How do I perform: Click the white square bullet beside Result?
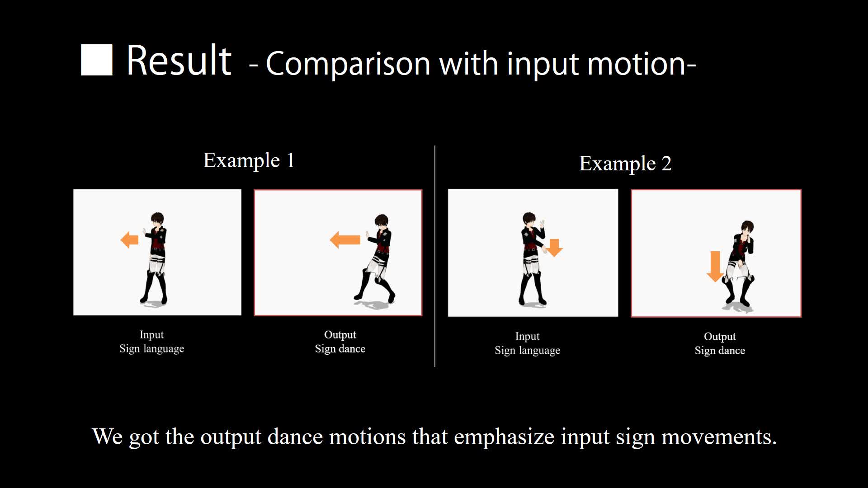point(96,60)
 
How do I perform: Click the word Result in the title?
point(179,61)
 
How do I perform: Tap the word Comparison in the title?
point(348,63)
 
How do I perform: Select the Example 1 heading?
point(249,160)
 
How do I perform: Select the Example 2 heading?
point(625,164)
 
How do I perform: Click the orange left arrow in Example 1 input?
point(130,240)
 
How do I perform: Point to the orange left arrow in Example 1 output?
point(345,240)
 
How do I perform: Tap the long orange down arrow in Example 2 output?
point(715,267)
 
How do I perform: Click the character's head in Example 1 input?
point(157,220)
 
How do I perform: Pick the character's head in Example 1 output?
point(382,222)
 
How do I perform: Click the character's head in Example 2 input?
point(529,220)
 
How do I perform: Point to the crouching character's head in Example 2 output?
point(747,228)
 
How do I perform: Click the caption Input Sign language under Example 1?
point(152,342)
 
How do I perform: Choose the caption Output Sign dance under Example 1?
point(340,342)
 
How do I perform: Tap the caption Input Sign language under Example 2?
point(527,343)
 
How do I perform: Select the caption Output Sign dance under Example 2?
point(720,343)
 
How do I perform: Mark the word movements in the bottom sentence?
point(719,437)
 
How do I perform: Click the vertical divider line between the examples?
point(435,256)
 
